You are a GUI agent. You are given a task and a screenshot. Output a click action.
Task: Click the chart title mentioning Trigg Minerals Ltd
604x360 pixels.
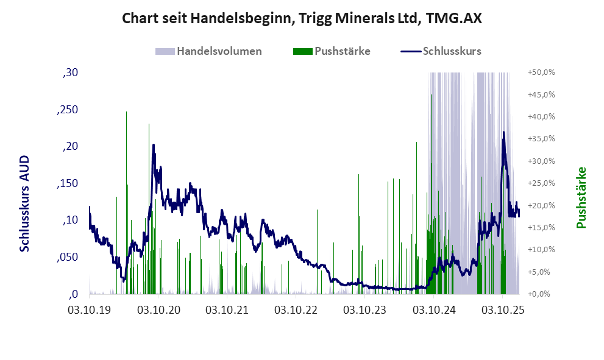pyautogui.click(x=302, y=18)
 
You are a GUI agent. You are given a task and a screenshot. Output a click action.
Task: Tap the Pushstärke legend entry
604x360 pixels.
pyautogui.click(x=342, y=51)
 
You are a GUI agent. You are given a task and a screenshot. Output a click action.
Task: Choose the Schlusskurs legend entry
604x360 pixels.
pyautogui.click(x=452, y=51)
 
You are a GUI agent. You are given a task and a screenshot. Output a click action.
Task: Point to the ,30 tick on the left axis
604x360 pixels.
pyautogui.click(x=71, y=73)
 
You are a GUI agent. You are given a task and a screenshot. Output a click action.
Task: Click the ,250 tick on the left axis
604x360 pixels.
pyautogui.click(x=67, y=110)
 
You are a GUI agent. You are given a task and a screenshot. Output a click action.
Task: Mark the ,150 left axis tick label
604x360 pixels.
pyautogui.click(x=67, y=183)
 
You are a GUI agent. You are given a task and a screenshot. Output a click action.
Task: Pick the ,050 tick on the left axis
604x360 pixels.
pyautogui.click(x=67, y=257)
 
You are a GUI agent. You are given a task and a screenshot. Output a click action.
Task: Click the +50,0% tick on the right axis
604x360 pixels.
pyautogui.click(x=541, y=72)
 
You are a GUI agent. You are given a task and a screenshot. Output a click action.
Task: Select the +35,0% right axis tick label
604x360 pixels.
pyautogui.click(x=541, y=139)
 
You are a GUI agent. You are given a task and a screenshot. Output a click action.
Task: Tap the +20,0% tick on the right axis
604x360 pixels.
pyautogui.click(x=541, y=205)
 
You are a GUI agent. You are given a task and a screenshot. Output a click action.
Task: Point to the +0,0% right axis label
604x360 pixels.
pyautogui.click(x=542, y=294)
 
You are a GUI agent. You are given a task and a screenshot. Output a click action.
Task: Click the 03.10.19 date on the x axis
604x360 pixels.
pyautogui.click(x=90, y=310)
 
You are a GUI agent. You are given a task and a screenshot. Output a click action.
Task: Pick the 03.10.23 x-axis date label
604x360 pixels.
pyautogui.click(x=365, y=310)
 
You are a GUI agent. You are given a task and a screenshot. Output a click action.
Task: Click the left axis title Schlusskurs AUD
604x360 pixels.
pyautogui.click(x=25, y=203)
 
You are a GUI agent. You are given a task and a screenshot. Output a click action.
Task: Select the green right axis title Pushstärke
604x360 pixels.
pyautogui.click(x=581, y=197)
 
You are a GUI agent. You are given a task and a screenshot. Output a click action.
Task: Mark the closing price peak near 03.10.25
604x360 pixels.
pyautogui.click(x=503, y=132)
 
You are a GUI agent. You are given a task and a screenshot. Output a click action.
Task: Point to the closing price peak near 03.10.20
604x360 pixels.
pyautogui.click(x=153, y=145)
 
